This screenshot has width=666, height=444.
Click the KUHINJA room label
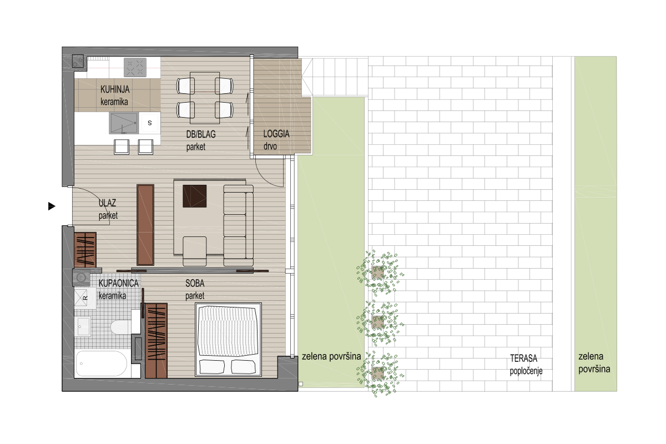(115, 89)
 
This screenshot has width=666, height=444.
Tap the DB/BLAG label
(201, 134)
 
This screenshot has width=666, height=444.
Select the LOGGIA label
(276, 134)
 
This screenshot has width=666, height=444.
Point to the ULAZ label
(107, 203)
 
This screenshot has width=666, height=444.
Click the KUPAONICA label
(118, 284)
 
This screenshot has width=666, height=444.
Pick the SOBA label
(195, 284)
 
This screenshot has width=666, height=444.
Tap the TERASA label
(523, 359)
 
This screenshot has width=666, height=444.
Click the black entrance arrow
(52, 206)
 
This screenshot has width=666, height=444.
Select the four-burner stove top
(135, 67)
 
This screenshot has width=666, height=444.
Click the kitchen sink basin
(124, 123)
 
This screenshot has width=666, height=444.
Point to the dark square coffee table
(194, 196)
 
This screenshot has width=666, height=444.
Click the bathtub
(102, 364)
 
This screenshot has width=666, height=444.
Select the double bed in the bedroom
(228, 340)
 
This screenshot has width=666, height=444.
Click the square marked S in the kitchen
(149, 123)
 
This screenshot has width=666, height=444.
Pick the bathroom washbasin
(82, 326)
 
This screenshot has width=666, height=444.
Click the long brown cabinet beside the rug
(145, 225)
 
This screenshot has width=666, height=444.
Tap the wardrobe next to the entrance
(85, 250)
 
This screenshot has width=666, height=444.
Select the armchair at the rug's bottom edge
(195, 251)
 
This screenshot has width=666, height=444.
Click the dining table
(205, 98)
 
